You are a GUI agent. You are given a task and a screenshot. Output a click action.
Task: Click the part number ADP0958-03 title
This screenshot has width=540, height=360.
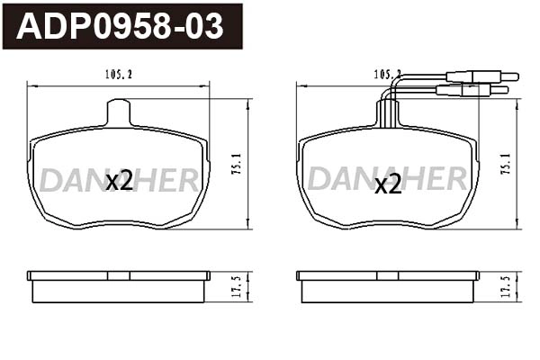(x=121, y=26)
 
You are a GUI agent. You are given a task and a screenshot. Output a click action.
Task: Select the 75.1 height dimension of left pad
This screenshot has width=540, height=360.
(x=238, y=164)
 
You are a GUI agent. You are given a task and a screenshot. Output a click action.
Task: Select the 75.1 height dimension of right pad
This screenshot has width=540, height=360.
(x=507, y=164)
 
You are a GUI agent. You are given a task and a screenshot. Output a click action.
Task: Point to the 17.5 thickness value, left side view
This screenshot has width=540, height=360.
(x=237, y=287)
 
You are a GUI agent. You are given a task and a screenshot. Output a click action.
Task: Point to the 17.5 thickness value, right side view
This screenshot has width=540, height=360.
(x=506, y=287)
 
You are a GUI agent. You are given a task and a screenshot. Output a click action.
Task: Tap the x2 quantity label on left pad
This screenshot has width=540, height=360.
(x=119, y=181)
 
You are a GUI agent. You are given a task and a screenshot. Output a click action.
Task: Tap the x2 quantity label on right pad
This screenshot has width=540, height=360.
(x=388, y=184)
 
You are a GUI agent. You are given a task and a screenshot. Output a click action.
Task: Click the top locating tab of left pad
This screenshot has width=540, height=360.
(x=119, y=112)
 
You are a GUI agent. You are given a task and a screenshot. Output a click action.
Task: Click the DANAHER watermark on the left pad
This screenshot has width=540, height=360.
(x=119, y=179)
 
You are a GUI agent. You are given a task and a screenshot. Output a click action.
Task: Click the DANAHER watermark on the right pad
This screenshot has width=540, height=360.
(x=388, y=179)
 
